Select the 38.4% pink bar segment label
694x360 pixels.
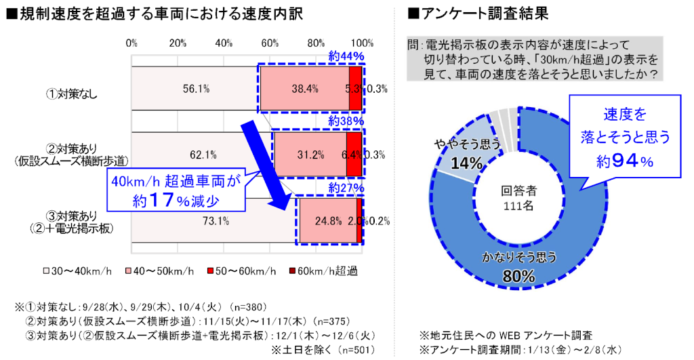click(305, 88)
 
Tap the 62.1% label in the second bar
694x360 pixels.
click(203, 155)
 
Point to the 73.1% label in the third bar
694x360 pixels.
click(216, 220)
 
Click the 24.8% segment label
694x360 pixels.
click(328, 220)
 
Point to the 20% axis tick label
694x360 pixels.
click(178, 43)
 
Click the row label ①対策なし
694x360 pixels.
click(72, 94)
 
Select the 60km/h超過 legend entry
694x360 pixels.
click(329, 271)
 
